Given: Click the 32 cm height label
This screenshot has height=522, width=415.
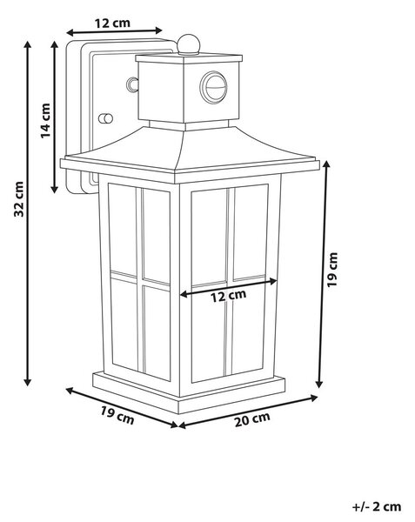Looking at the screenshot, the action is pyautogui.click(x=19, y=199).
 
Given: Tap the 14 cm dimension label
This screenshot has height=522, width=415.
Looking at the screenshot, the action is pyautogui.click(x=45, y=121).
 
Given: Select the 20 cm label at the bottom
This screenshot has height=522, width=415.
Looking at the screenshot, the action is pyautogui.click(x=252, y=419).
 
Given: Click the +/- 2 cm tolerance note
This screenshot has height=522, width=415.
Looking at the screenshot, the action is pyautogui.click(x=377, y=506).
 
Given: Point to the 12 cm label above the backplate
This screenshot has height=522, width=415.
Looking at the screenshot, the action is pyautogui.click(x=112, y=23).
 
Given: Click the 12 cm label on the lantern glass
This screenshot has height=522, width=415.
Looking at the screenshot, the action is pyautogui.click(x=229, y=296).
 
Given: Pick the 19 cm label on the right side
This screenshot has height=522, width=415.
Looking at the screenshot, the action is pyautogui.click(x=332, y=270).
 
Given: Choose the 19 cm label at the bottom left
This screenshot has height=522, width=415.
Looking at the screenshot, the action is pyautogui.click(x=117, y=415).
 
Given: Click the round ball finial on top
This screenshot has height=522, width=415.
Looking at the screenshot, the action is pyautogui.click(x=189, y=44).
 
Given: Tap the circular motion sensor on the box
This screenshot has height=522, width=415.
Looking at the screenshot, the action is pyautogui.click(x=213, y=87).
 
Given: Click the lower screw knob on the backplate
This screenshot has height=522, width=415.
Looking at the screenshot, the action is pyautogui.click(x=105, y=118).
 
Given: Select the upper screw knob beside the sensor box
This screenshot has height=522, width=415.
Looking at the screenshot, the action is pyautogui.click(x=132, y=84).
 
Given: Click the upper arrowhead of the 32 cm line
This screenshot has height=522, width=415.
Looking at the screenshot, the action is pyautogui.click(x=28, y=44).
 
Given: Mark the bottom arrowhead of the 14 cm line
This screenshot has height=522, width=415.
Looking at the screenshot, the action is pyautogui.click(x=54, y=190).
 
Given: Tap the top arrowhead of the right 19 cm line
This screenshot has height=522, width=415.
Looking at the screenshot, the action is pyautogui.click(x=326, y=164).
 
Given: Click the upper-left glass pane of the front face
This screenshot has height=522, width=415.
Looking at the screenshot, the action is pyautogui.click(x=209, y=238).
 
